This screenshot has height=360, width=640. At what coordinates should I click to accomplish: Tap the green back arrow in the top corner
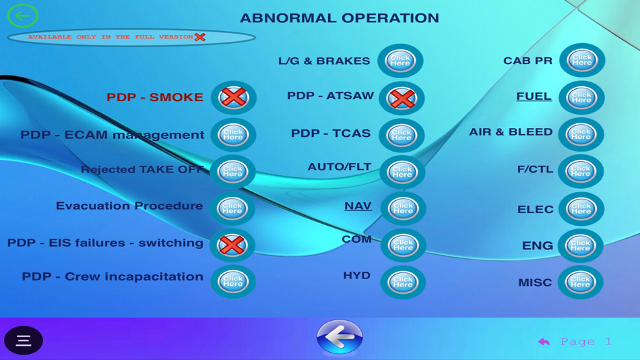pos(22,15)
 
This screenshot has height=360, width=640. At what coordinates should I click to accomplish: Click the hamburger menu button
pos(24,340)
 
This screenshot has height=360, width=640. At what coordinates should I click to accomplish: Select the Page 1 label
pos(585,342)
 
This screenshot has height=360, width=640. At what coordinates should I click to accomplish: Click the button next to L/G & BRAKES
pos(400,61)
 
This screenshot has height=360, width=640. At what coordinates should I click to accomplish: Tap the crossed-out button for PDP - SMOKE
pos(233,97)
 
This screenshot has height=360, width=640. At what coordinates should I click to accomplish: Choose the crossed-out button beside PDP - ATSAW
pos(402,98)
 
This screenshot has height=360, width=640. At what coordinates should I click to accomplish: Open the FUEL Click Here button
pos(581,98)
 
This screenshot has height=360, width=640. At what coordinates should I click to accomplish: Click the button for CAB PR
pos(581,61)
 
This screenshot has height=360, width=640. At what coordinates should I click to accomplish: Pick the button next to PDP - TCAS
pos(402,135)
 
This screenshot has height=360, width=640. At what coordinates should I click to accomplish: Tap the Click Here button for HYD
pos(402,282)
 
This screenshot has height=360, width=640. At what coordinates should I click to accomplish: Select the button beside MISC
pos(580,282)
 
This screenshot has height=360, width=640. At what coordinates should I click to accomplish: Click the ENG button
pos(580,245)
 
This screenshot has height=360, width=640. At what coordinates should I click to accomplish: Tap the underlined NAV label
pos(358,206)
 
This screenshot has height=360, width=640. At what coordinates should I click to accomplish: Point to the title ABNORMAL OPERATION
pos(339,18)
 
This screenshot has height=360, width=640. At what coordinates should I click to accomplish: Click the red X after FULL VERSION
pos(200,37)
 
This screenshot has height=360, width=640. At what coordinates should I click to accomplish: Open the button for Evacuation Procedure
pos(232,208)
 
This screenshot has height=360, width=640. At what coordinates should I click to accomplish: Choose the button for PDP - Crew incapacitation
pos(232,281)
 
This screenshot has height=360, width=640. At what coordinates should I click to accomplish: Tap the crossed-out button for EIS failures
pos(232,245)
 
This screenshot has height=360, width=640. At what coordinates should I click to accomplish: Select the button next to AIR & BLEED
pos(580,135)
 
